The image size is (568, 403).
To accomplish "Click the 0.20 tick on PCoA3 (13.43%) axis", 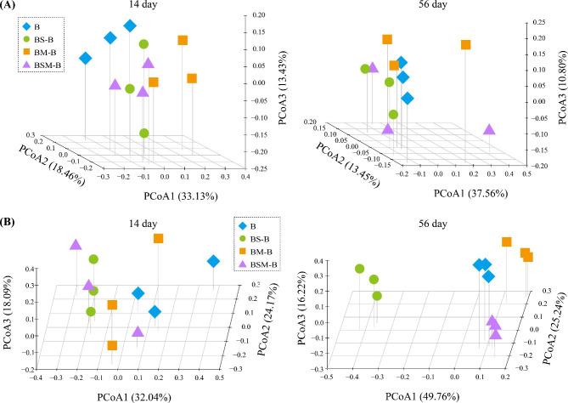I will pyautogui.click(x=262, y=16).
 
